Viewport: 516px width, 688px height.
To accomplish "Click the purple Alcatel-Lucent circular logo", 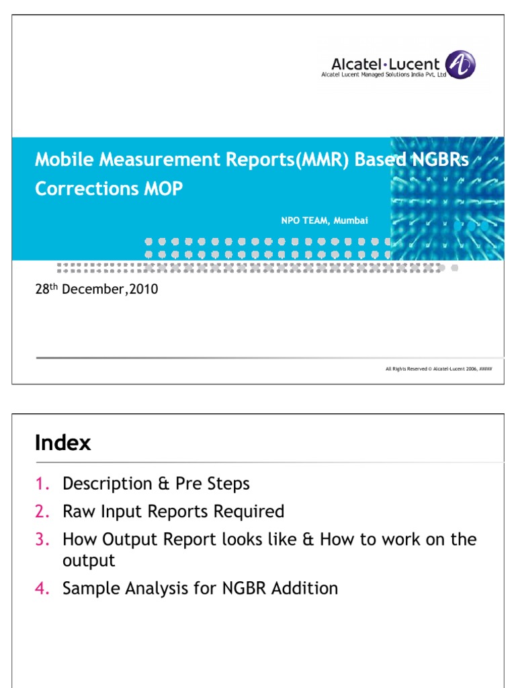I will point(461,65).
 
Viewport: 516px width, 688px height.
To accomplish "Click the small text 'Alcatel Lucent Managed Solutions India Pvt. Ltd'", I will point(384,75).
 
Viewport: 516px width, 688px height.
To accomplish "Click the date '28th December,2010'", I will point(96,290).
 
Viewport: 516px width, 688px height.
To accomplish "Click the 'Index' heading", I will point(62,443).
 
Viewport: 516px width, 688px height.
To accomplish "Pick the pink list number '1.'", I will point(42,484).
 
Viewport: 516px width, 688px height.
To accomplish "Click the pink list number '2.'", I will point(42,512).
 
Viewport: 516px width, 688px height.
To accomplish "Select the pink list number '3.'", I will point(42,540).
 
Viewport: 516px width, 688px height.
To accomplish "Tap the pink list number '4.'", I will point(42,589).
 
